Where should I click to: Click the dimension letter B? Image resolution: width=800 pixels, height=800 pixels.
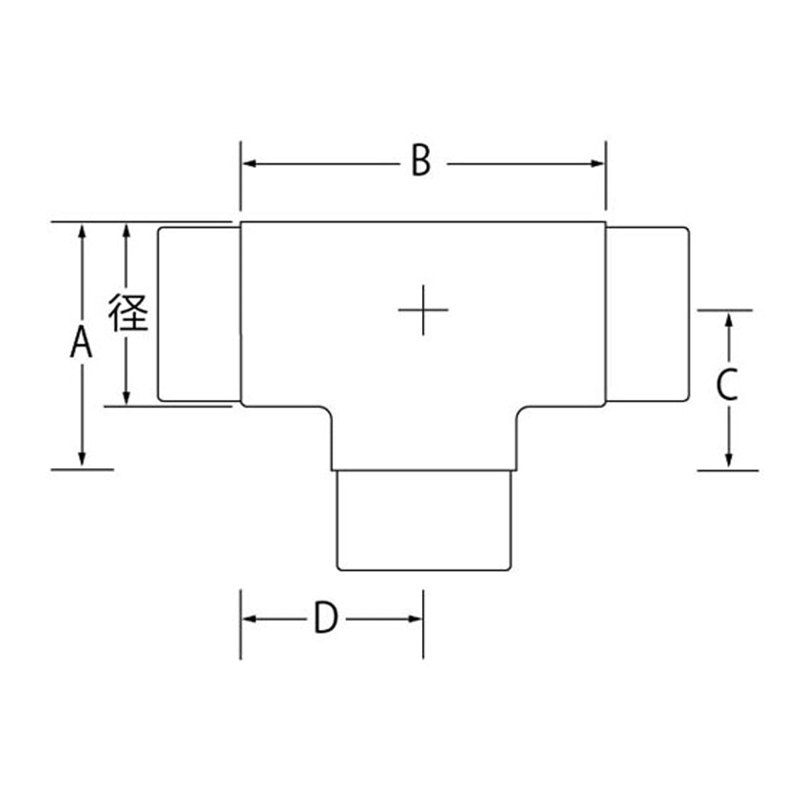[x=421, y=160]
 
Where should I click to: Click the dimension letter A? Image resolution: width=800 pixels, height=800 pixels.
[x=81, y=342]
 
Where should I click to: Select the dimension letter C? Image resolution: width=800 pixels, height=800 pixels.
[x=727, y=385]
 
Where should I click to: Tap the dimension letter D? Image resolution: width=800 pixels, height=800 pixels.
[x=325, y=618]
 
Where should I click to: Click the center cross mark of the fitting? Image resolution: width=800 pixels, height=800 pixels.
[x=423, y=310]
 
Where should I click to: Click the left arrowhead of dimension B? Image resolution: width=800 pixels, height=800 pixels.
[x=249, y=163]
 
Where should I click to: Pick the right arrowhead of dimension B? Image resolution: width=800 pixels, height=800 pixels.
[x=598, y=163]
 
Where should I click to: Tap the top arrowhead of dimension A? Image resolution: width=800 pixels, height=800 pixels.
[x=82, y=231]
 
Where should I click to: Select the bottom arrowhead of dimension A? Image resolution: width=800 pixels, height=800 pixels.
[x=82, y=459]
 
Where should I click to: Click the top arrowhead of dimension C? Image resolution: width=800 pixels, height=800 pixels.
[x=729, y=321]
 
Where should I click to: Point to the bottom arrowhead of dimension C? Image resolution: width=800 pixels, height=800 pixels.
[x=729, y=459]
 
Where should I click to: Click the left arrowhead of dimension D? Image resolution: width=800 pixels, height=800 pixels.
[x=249, y=619]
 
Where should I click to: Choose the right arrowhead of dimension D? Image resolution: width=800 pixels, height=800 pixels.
[x=415, y=619]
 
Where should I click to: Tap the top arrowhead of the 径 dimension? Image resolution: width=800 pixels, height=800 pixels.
[x=127, y=231]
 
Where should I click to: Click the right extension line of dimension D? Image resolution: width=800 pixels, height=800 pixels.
[x=423, y=624]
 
